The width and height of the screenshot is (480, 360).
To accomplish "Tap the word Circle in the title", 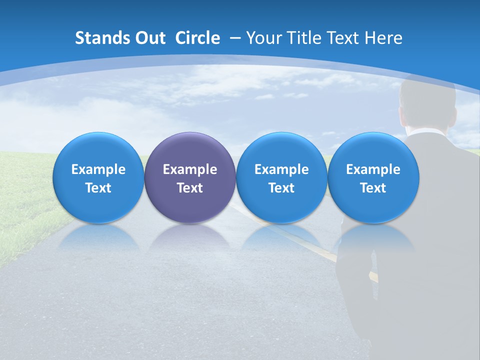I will pyautogui.click(x=197, y=38).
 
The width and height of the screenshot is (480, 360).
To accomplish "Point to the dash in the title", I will pyautogui.click(x=234, y=38).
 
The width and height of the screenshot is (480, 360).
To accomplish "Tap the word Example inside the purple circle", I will pyautogui.click(x=190, y=169).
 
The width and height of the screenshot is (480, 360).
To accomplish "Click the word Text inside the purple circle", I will pyautogui.click(x=190, y=188).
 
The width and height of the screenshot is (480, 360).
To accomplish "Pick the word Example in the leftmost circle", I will pyautogui.click(x=98, y=169).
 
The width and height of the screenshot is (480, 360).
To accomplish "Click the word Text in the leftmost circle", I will pyautogui.click(x=98, y=188).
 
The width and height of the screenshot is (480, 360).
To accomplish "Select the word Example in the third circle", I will pyautogui.click(x=281, y=169).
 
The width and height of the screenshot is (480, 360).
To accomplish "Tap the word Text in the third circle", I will pyautogui.click(x=281, y=188).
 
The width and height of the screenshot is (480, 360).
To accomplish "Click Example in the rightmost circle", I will pyautogui.click(x=373, y=169).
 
